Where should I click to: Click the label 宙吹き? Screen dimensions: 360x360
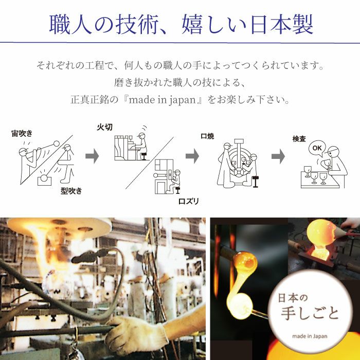(22, 133)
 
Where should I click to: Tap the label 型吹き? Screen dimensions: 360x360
(71, 191)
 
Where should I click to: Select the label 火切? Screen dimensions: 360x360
(105, 127)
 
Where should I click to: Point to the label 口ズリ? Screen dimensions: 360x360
(189, 202)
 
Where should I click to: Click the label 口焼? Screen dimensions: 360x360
(207, 136)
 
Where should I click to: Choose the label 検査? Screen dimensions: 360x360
(299, 139)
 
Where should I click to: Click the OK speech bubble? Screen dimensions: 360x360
(317, 148)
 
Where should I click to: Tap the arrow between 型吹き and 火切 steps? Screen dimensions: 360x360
(92, 156)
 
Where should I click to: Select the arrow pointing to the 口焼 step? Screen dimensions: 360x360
(192, 156)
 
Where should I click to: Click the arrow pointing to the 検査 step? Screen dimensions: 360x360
(278, 156)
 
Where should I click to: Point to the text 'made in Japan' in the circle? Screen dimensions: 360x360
(310, 336)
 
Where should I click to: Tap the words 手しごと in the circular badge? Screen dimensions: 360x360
(310, 313)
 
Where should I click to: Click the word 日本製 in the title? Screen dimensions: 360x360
(282, 24)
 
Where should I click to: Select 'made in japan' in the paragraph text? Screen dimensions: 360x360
(162, 100)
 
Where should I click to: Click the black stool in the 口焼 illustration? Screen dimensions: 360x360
(255, 182)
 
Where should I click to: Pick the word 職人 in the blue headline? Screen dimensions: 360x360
(70, 24)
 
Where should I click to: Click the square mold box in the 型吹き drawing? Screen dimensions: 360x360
(44, 180)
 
